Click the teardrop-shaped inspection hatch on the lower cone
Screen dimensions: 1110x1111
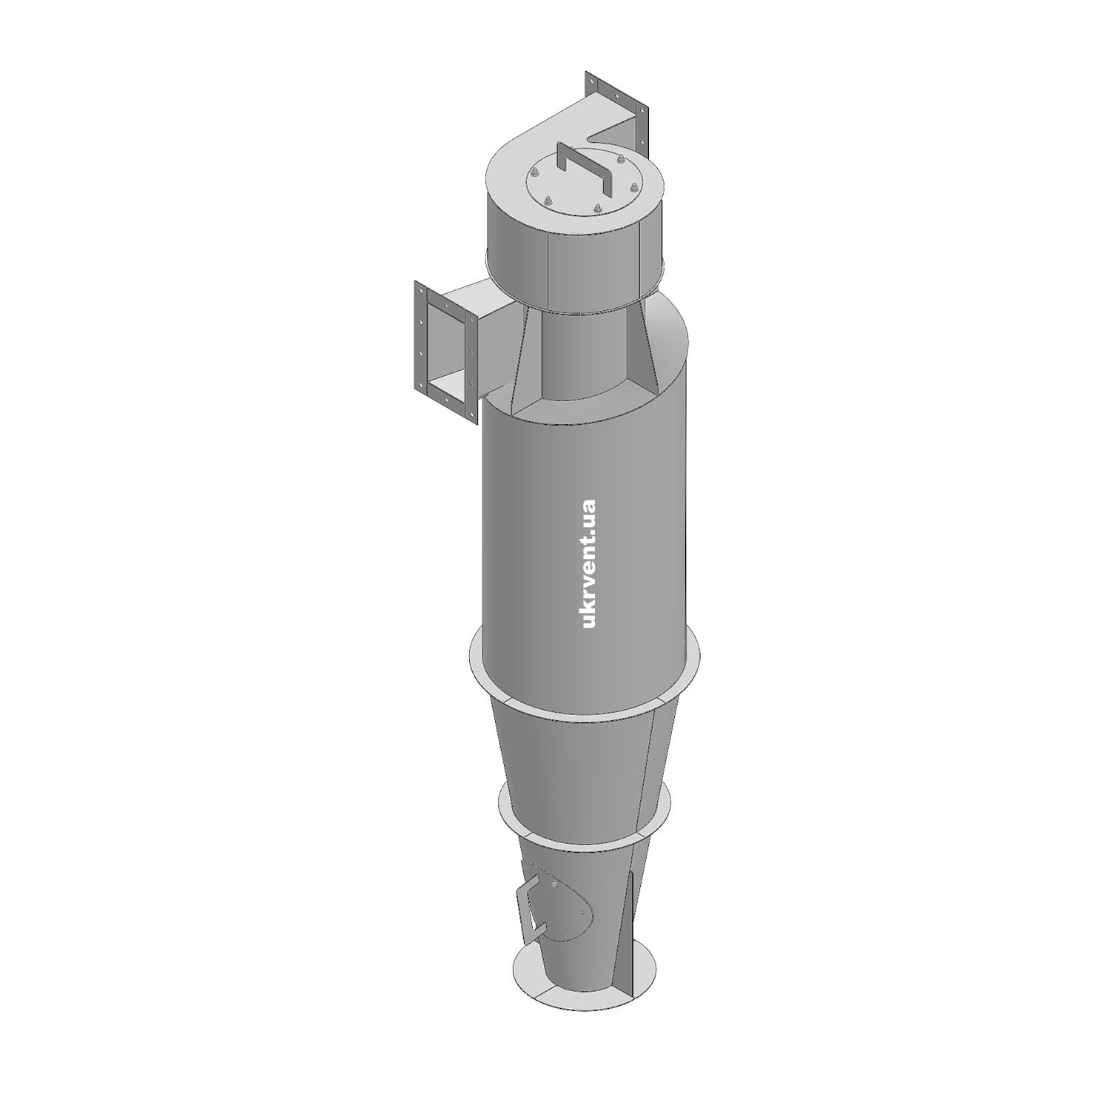click(x=562, y=902)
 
